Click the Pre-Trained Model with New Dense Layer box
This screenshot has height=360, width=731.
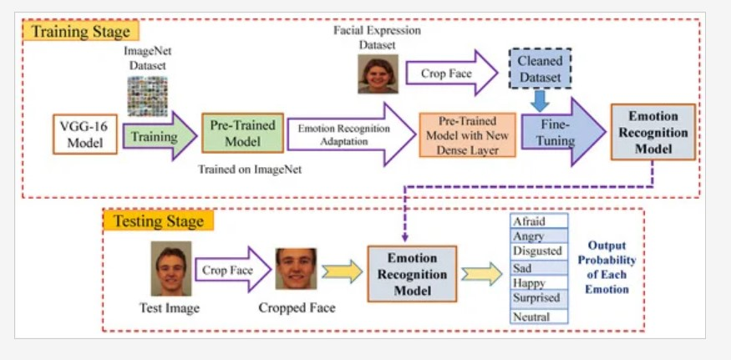[x=465, y=134]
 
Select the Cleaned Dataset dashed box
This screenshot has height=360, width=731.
[x=540, y=69]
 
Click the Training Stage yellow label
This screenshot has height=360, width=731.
[x=81, y=33]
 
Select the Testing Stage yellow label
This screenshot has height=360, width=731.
[x=159, y=221]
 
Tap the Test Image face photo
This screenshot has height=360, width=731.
[x=171, y=269]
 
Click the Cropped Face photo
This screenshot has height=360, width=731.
[x=297, y=269]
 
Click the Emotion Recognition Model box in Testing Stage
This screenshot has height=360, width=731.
[x=413, y=274]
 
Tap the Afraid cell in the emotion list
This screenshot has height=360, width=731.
[x=539, y=221]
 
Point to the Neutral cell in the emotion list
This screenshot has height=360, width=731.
[x=539, y=317]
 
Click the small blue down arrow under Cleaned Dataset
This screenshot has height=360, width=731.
[x=541, y=100]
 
